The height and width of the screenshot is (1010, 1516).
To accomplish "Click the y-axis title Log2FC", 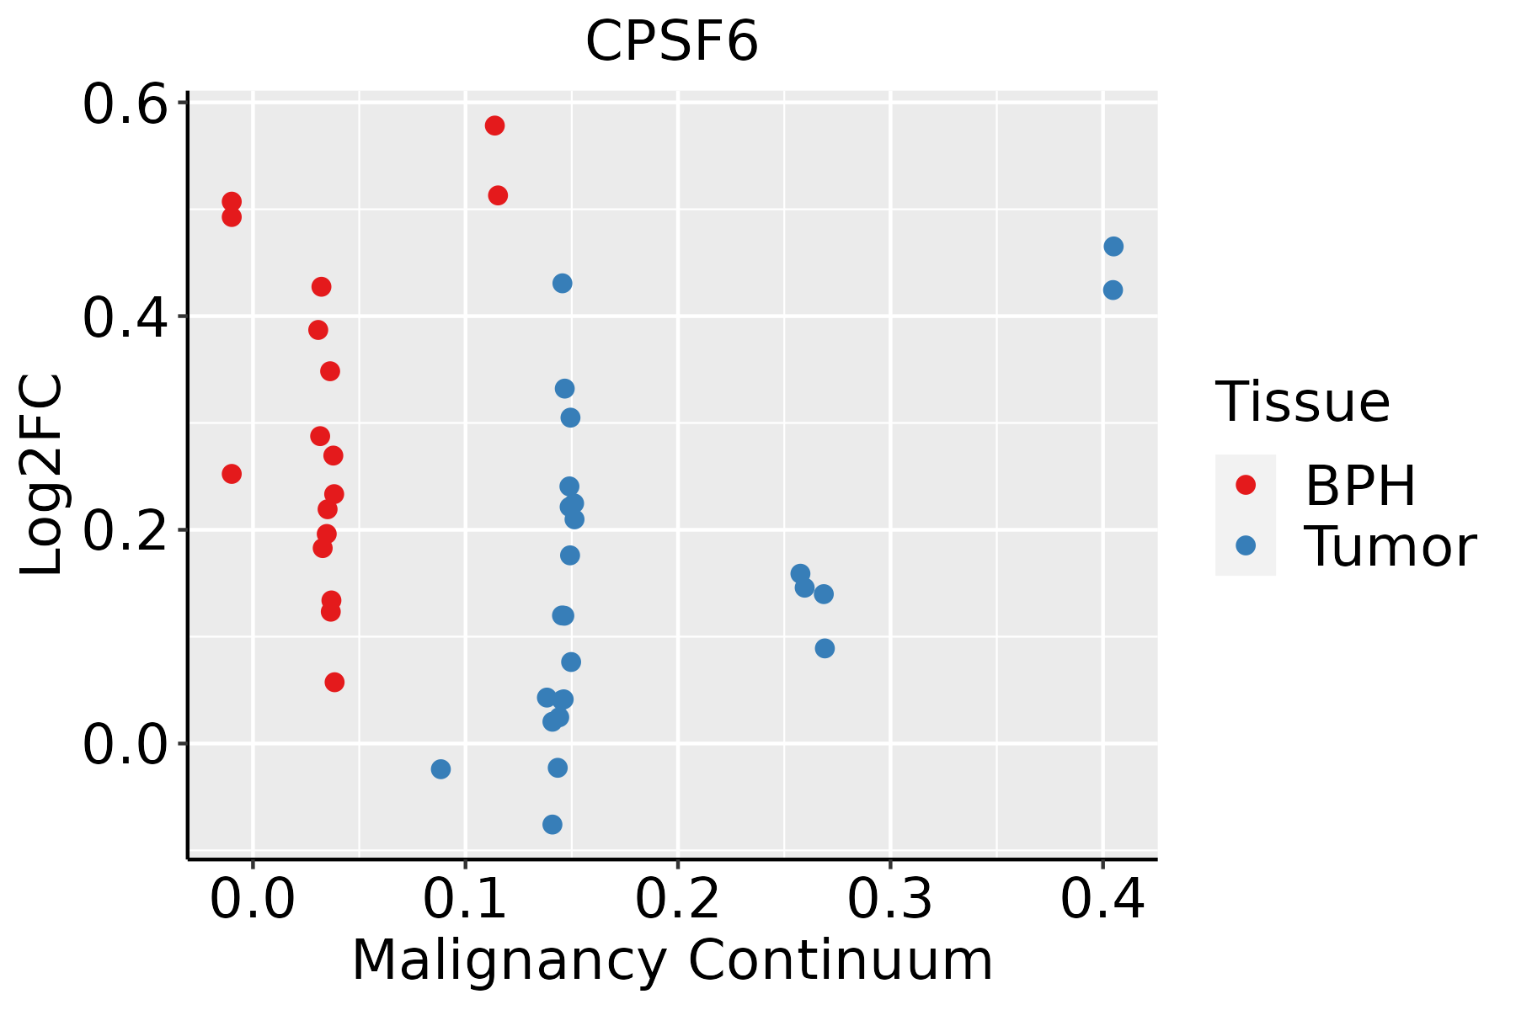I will pos(42,476).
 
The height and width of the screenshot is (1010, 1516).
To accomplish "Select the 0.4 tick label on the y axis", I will pos(123,318).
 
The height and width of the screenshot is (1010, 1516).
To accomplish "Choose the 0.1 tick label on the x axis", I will pos(465,899).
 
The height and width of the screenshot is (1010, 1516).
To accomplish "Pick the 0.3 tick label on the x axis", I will pos(889,899).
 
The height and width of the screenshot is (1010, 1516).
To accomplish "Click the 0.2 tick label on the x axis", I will pos(677,899).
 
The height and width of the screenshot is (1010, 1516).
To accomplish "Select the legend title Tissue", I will pos(1303,402).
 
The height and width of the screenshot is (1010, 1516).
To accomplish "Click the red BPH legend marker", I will pos(1245,484).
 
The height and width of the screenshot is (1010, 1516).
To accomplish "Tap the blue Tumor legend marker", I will pos(1245,545).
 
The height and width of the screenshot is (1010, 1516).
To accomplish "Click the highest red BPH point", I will pos(494,125).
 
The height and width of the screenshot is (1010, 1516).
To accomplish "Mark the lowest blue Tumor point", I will pos(552,824).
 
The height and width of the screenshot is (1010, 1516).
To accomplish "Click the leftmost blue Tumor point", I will pos(440,768).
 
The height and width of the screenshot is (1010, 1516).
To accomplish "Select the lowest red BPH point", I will pos(334,682).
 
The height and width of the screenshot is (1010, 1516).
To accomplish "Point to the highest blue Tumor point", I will pos(1113,247).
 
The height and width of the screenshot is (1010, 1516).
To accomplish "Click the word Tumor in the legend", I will pos(1390,547).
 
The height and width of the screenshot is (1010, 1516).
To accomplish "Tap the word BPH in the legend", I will pos(1360,486).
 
